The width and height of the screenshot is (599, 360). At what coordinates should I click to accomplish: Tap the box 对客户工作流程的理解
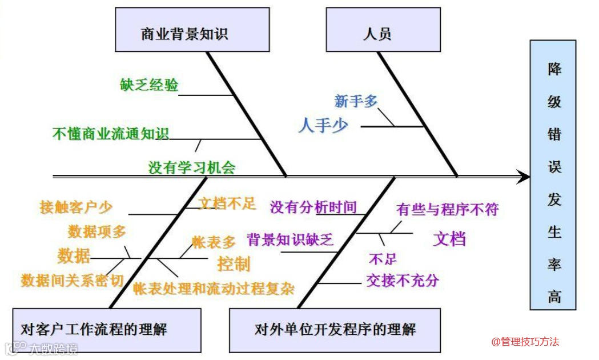(x=107, y=330)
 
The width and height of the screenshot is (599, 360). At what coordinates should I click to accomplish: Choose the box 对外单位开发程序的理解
(x=335, y=330)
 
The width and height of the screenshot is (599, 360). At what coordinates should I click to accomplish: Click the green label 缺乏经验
(x=149, y=85)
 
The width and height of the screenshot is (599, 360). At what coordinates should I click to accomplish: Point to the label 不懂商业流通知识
(x=111, y=134)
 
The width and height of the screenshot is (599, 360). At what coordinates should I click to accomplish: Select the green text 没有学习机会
(x=192, y=167)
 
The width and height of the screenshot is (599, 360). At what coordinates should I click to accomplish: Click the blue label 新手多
(x=356, y=101)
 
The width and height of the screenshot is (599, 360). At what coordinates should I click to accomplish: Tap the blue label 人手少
(x=323, y=125)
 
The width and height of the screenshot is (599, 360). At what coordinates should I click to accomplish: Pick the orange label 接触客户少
(x=76, y=207)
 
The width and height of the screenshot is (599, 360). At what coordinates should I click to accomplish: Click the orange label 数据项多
(x=97, y=231)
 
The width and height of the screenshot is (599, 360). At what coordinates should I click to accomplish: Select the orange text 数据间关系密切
(x=73, y=281)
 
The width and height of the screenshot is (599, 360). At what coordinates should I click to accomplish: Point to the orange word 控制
(x=234, y=263)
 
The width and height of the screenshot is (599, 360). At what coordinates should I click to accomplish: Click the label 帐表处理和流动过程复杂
(x=214, y=289)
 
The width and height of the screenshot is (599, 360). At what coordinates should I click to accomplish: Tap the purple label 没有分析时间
(x=313, y=207)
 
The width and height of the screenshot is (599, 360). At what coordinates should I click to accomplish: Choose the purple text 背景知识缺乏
(x=290, y=239)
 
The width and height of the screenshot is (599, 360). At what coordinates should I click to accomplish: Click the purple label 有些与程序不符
(x=447, y=210)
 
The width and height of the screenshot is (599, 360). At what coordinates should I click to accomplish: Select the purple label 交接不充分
(x=403, y=280)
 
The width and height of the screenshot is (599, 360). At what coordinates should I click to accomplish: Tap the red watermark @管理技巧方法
(x=525, y=342)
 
